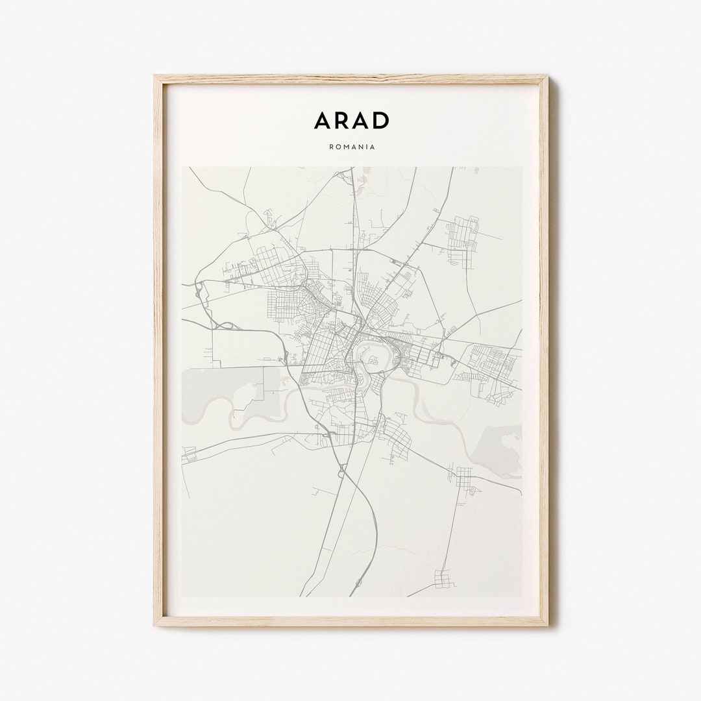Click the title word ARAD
coord(352,121)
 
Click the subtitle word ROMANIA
coord(352,147)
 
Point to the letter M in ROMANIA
coord(348,147)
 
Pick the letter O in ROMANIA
coord(339,147)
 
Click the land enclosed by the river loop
coord(369,356)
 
